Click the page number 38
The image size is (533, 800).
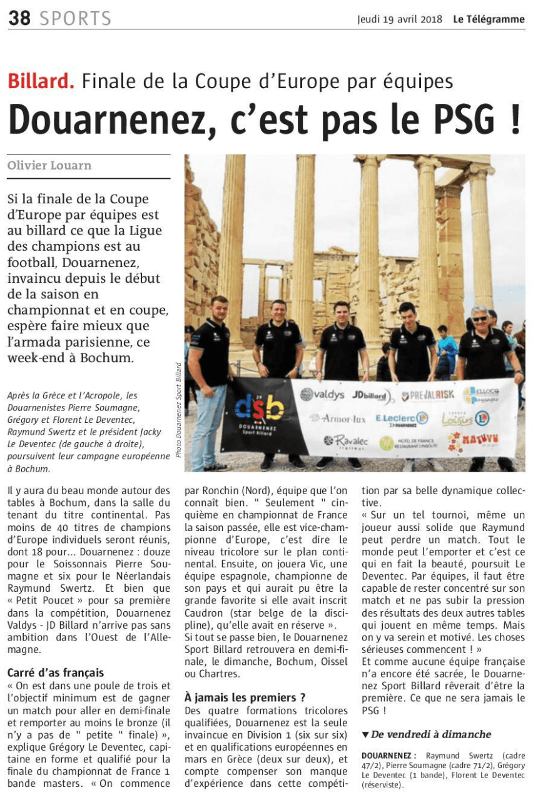tap(19, 19)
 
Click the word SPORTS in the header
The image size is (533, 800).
tap(76, 19)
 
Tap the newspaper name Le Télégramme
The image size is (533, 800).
tap(489, 19)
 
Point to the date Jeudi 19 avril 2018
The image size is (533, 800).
tap(401, 19)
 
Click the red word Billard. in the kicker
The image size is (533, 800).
tap(41, 81)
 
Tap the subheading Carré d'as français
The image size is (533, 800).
tap(55, 673)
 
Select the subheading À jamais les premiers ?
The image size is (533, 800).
tap(245, 697)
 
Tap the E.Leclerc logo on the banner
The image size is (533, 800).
tap(401, 417)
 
